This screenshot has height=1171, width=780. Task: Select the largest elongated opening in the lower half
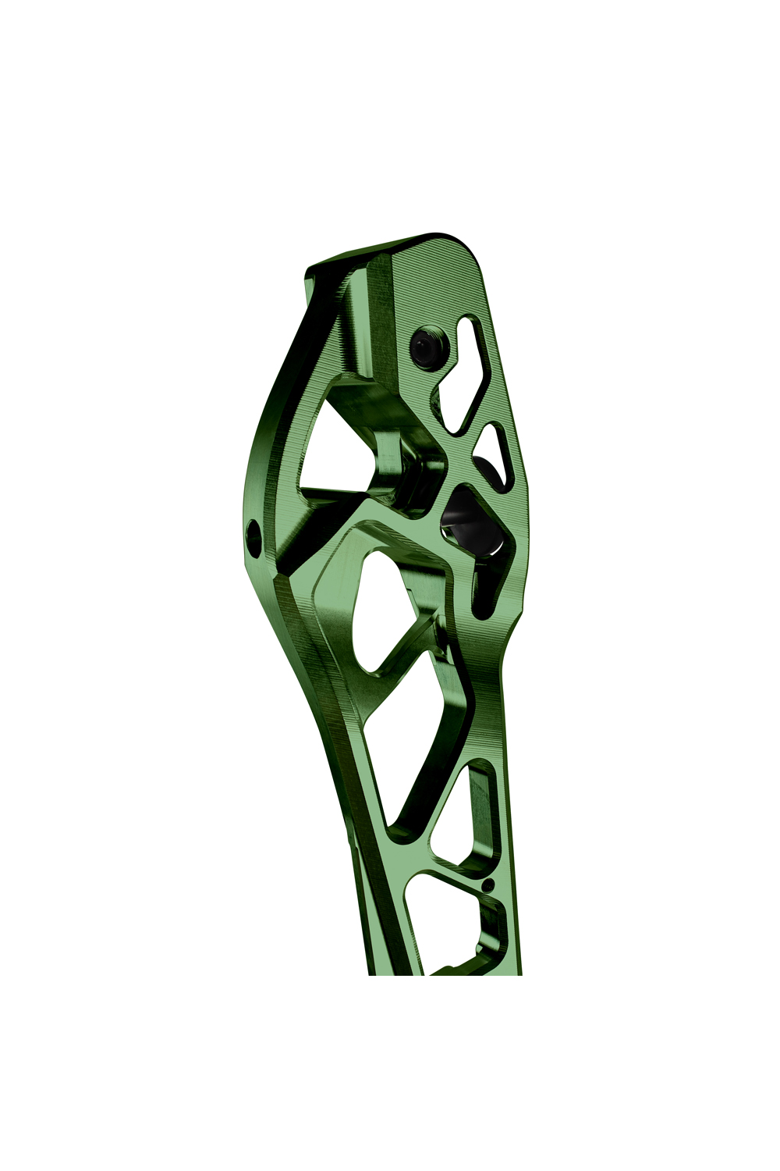pos(413,742)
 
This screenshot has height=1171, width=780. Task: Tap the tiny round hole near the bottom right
pos(488,885)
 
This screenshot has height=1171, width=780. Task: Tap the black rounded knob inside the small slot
pos(487,468)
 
